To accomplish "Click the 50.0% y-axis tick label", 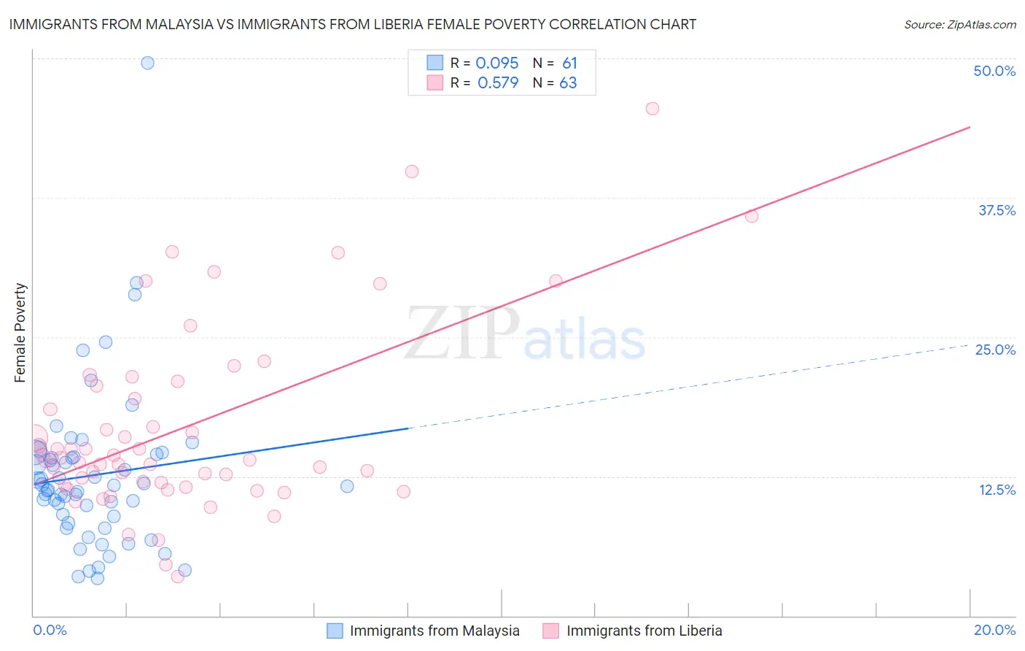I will pos(994,71).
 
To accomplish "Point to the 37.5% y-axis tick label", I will pos(996,210).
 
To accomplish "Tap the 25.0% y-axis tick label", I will pos(994,350).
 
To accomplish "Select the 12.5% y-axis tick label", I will pos(996,490).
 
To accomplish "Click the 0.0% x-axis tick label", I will pos(50,630).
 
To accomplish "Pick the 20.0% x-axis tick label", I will pos(994,630).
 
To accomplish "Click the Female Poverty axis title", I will pos(20,333).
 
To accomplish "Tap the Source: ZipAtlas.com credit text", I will pos(959,24).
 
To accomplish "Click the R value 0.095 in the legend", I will pos(497,63).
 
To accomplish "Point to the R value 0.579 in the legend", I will pos(498,83).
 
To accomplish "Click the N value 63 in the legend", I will pos(568,83).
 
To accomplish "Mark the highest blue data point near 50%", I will pos(147,63).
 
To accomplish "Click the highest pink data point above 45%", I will pos(652,109).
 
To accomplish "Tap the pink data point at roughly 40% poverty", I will pos(412,172).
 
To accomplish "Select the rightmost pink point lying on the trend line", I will pos(752,216).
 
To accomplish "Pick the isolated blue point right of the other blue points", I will pos(347,486).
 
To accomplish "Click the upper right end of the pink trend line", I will pos(970,127).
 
